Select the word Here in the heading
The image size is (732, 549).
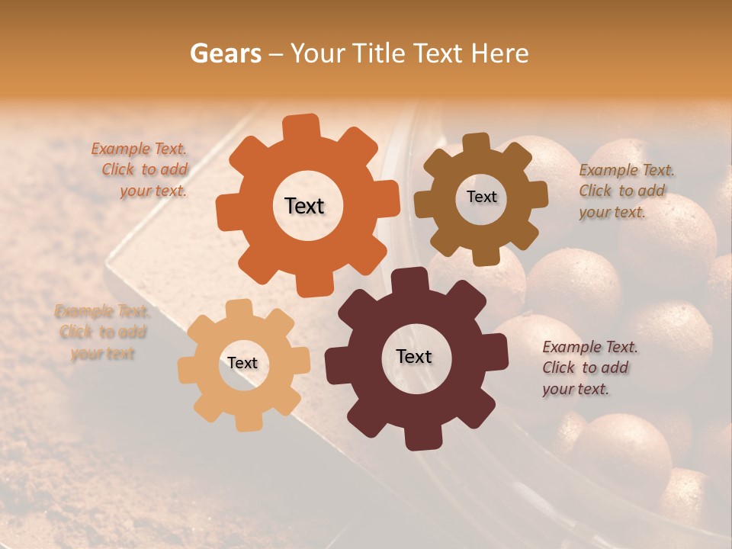point(500,53)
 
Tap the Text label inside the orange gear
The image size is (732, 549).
point(304,206)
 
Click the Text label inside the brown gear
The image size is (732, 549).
point(481,197)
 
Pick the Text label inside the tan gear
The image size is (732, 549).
point(242,363)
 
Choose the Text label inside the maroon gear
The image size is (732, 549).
point(414,356)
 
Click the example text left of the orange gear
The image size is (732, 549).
point(140,170)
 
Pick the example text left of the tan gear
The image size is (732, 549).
point(102,332)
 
